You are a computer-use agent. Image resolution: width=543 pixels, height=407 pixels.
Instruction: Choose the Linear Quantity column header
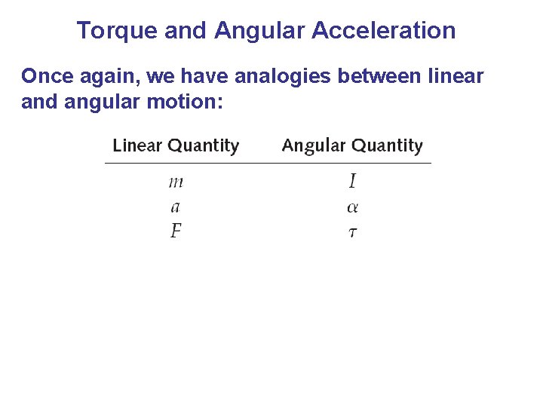pyautogui.click(x=176, y=145)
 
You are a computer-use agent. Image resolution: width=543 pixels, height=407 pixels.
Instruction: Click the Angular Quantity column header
pyautogui.click(x=352, y=145)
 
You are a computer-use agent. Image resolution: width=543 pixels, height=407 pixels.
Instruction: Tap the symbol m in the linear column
pyautogui.click(x=176, y=182)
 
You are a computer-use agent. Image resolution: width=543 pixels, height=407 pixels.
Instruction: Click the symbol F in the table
pyautogui.click(x=176, y=231)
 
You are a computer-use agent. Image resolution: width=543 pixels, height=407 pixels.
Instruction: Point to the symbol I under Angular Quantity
pyautogui.click(x=352, y=182)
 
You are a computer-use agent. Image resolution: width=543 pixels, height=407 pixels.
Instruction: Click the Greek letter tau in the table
pyautogui.click(x=352, y=232)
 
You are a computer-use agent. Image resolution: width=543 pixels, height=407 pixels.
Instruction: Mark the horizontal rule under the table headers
pyautogui.click(x=268, y=163)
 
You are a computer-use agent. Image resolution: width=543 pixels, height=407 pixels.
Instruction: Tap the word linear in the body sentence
pyautogui.click(x=457, y=76)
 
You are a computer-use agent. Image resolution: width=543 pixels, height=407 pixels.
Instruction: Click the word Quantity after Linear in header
pyautogui.click(x=204, y=145)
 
